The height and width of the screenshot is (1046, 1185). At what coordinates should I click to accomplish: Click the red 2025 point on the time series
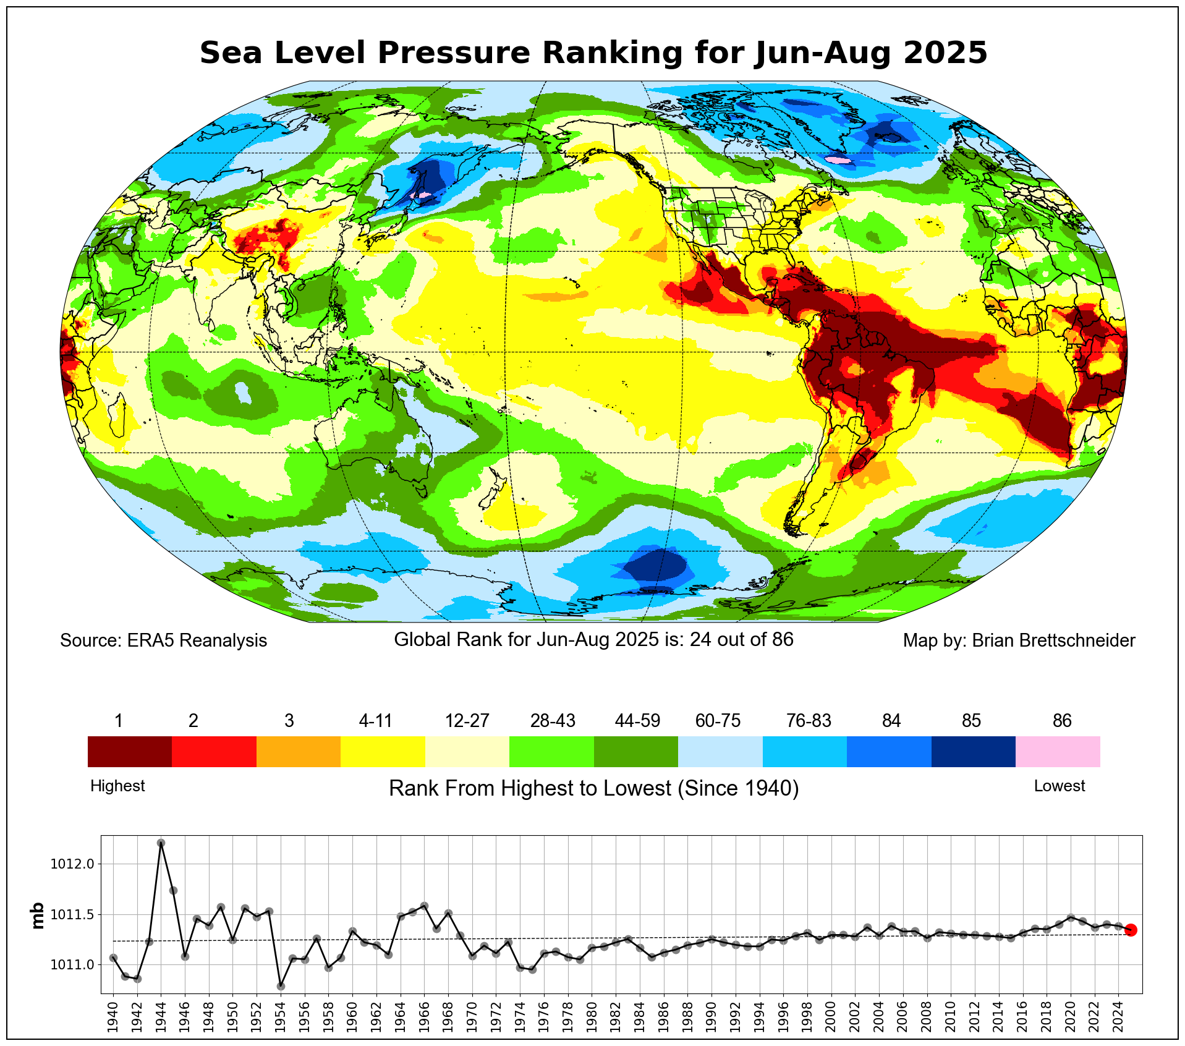pos(1131,930)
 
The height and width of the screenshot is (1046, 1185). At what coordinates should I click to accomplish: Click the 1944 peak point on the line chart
pos(161,843)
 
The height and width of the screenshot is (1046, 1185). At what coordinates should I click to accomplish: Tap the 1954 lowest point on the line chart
pos(281,986)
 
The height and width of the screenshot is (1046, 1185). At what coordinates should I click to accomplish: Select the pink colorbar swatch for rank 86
pos(1058,751)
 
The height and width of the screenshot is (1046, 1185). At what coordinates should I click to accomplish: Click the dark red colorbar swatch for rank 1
pos(129,751)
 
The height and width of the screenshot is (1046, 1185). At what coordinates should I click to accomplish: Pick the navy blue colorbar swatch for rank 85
pos(973,751)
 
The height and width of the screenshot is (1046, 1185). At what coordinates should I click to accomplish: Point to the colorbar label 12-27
pos(467,721)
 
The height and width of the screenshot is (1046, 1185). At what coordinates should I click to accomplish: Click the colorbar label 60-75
pos(718,721)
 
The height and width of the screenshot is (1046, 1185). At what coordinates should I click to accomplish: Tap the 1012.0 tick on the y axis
pos(72,864)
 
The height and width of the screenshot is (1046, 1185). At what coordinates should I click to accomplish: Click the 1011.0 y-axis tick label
pos(72,964)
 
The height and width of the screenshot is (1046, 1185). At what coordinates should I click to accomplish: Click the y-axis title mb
pos(38,916)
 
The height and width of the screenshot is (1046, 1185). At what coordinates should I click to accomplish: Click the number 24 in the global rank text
pos(700,639)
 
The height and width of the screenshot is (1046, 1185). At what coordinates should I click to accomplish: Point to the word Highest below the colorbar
pos(117,786)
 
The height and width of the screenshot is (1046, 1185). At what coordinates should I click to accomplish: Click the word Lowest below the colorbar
pos(1059,786)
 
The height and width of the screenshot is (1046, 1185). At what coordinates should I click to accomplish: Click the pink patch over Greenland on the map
pos(838,160)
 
